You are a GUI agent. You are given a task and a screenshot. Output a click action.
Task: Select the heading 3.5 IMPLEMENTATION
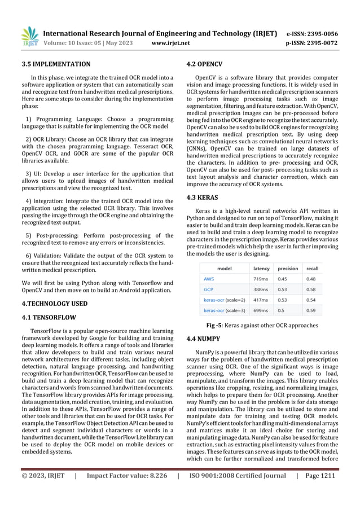(52, 64)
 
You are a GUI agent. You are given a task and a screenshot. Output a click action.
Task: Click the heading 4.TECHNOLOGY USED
(50, 304)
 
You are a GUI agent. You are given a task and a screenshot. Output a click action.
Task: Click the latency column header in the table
(261, 268)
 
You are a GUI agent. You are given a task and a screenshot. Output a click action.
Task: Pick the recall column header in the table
(311, 268)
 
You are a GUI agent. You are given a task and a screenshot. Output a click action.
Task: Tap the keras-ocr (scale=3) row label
(224, 310)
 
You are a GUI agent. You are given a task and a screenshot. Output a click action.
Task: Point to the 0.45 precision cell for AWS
(286, 279)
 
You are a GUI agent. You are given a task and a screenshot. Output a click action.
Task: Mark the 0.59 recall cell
(310, 310)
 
